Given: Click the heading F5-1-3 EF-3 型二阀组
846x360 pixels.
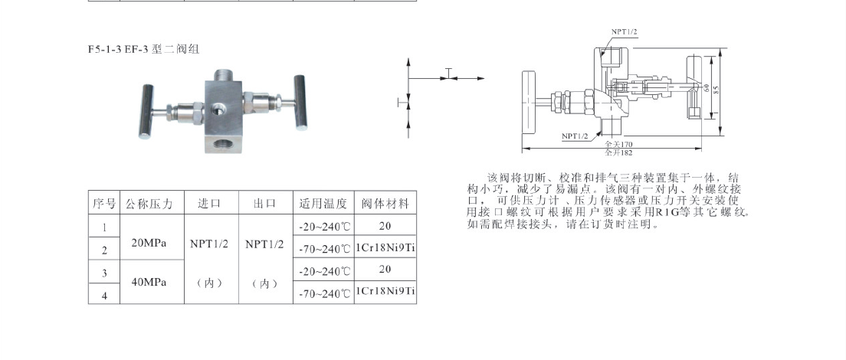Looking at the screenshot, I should click(143, 49).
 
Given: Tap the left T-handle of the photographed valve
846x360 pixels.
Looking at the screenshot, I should click(143, 107).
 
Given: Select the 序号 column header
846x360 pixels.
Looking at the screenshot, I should click(103, 205).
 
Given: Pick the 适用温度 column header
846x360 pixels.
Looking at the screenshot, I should click(323, 205).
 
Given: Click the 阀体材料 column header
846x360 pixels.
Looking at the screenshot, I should click(385, 205).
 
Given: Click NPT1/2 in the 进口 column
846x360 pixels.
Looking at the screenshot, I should click(209, 244).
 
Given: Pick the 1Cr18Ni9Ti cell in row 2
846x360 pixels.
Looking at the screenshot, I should click(385, 249).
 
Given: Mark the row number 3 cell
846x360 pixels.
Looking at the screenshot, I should click(104, 273).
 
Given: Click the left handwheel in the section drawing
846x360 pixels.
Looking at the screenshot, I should click(530, 101).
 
